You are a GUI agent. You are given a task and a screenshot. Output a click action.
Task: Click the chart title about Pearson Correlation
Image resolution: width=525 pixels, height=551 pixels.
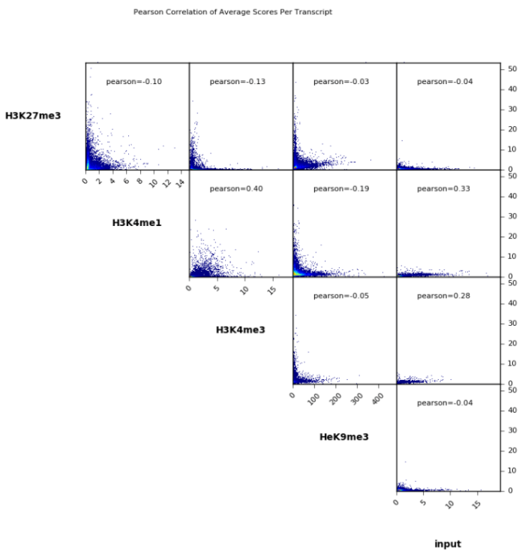[232, 12]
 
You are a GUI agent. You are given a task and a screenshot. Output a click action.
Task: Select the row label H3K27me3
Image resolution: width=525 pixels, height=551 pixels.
[33, 116]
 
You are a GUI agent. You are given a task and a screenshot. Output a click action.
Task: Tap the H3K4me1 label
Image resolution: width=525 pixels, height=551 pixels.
[136, 222]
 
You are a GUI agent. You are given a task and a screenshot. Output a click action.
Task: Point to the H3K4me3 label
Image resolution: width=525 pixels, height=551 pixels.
[240, 330]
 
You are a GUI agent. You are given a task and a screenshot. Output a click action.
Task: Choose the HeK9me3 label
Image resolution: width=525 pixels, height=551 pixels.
[344, 436]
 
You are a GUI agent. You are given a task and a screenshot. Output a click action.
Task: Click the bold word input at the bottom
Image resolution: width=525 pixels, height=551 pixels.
[448, 543]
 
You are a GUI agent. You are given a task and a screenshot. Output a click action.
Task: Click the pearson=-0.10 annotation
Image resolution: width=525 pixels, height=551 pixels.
[134, 81]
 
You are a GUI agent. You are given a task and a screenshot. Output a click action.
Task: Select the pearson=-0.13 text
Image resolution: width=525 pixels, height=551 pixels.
[238, 81]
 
